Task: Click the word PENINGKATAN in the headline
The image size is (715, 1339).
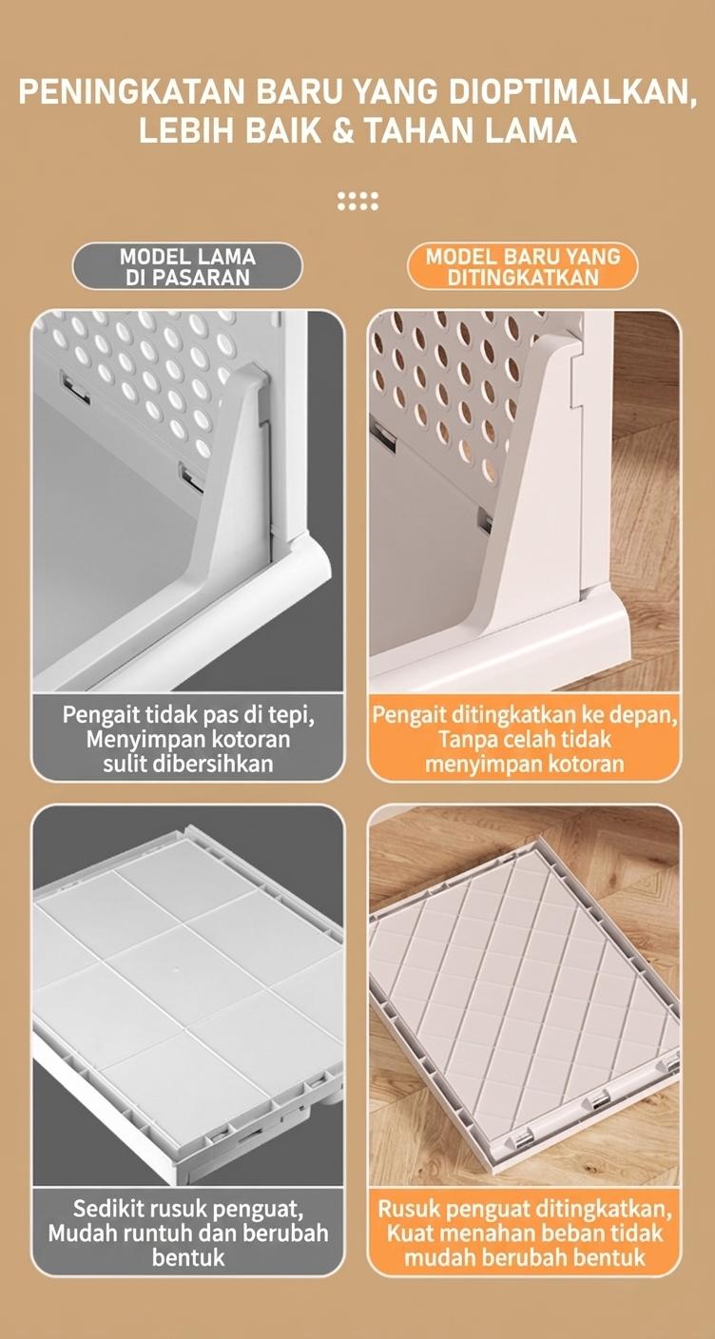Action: coord(131,91)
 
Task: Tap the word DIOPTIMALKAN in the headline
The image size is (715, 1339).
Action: coord(572,91)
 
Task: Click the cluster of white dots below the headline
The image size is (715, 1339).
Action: coord(357,201)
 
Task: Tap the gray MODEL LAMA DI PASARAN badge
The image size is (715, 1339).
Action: coord(187,266)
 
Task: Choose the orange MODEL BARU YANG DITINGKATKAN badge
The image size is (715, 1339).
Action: coord(523,266)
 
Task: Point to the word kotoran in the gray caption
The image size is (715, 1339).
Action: coord(252,740)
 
